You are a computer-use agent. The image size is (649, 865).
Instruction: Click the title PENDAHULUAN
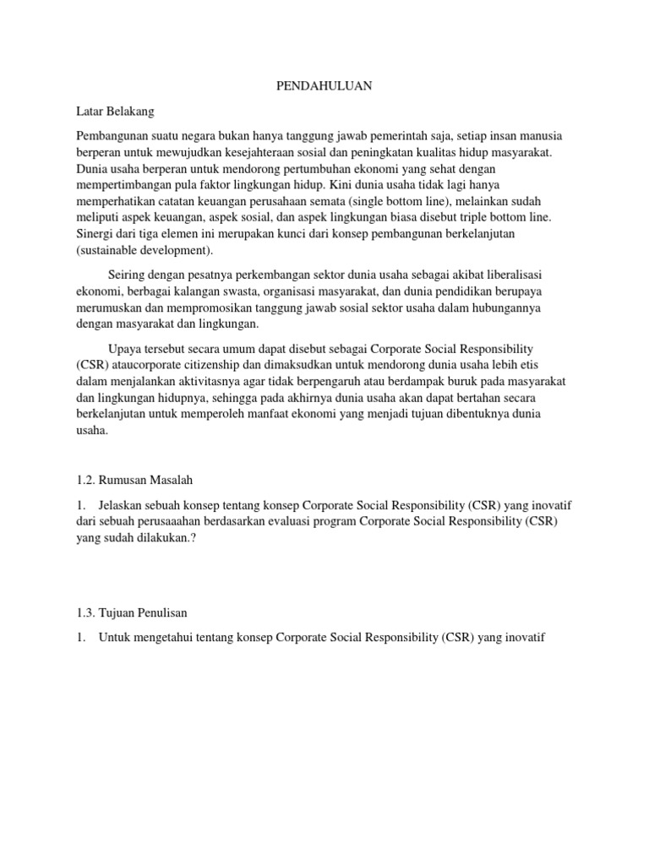(x=324, y=86)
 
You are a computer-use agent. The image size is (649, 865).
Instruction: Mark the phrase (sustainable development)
(x=145, y=249)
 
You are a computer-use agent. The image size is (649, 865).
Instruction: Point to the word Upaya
(x=128, y=348)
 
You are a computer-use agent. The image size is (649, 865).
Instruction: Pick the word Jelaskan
(x=124, y=505)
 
